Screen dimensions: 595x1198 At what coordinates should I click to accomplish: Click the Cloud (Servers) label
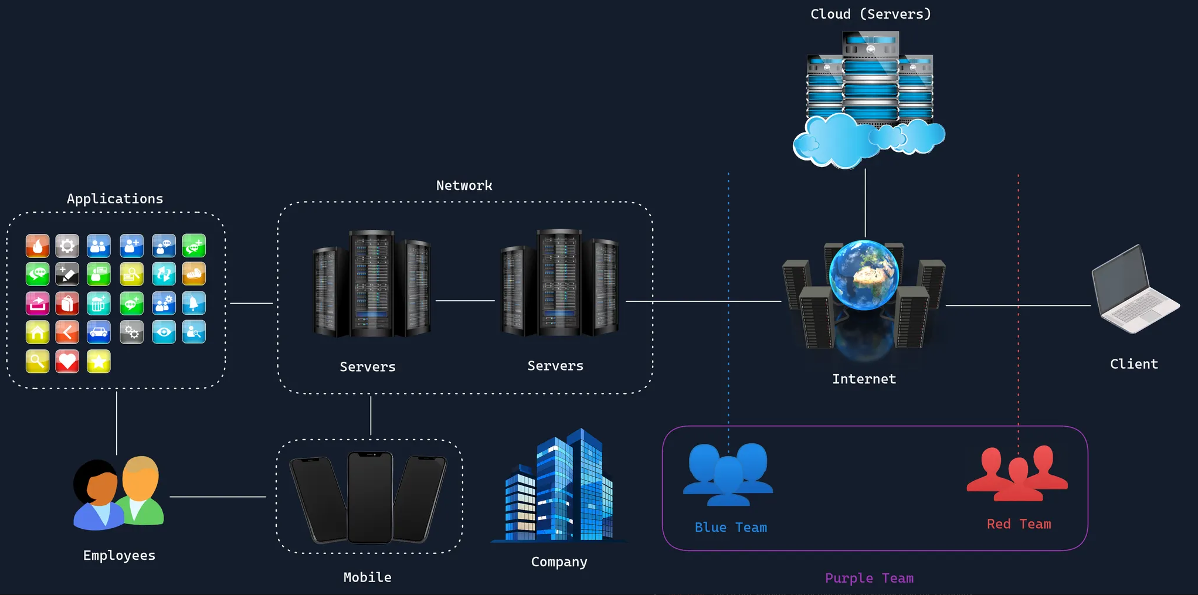tap(870, 14)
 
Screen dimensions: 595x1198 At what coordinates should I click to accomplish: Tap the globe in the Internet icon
tap(863, 274)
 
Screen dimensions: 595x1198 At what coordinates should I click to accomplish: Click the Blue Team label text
tap(731, 528)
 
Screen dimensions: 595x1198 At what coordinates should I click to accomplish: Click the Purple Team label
tap(869, 578)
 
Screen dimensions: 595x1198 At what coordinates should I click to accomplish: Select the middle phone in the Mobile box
tap(370, 497)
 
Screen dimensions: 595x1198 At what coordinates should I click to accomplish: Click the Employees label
tap(119, 556)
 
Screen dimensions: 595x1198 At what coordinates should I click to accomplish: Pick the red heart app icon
tap(67, 362)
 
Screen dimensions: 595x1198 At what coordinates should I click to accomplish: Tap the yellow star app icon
tap(99, 362)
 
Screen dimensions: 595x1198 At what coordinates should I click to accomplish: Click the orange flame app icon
tap(38, 246)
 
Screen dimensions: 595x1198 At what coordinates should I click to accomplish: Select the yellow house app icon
tap(38, 332)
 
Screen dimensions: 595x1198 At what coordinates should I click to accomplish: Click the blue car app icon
tap(99, 332)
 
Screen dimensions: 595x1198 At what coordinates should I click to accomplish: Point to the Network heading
tap(464, 186)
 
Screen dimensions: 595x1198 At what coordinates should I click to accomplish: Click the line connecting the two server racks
tap(465, 301)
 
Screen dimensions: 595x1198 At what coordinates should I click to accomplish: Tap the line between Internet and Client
tap(1017, 305)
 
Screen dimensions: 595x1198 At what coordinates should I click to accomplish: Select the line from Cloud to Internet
tap(865, 202)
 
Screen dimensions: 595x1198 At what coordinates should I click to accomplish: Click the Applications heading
tap(115, 199)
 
